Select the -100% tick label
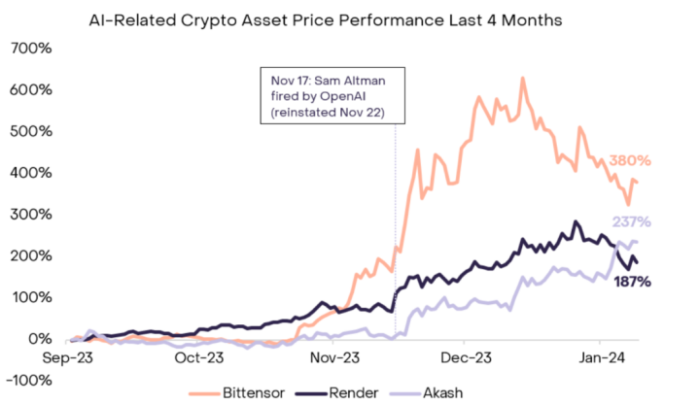30,381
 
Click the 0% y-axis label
39,339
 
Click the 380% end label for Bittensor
630,160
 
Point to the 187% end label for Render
631,281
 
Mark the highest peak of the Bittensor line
522,78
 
